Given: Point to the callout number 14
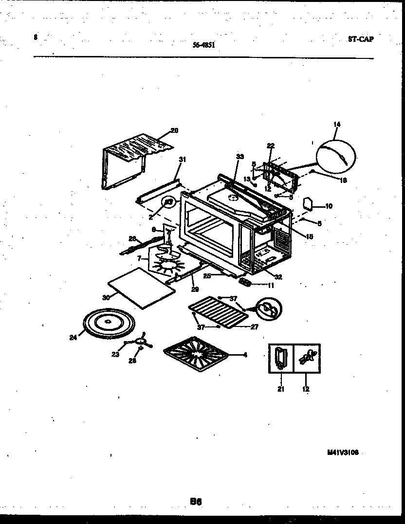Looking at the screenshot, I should click(x=337, y=125).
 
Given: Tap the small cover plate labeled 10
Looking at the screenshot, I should click(x=308, y=203).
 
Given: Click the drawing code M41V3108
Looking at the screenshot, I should click(x=343, y=452).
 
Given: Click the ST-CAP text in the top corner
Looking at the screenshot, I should click(x=361, y=39).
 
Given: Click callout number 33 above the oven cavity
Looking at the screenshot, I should click(x=239, y=156).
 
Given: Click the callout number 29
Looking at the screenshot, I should click(x=195, y=289).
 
